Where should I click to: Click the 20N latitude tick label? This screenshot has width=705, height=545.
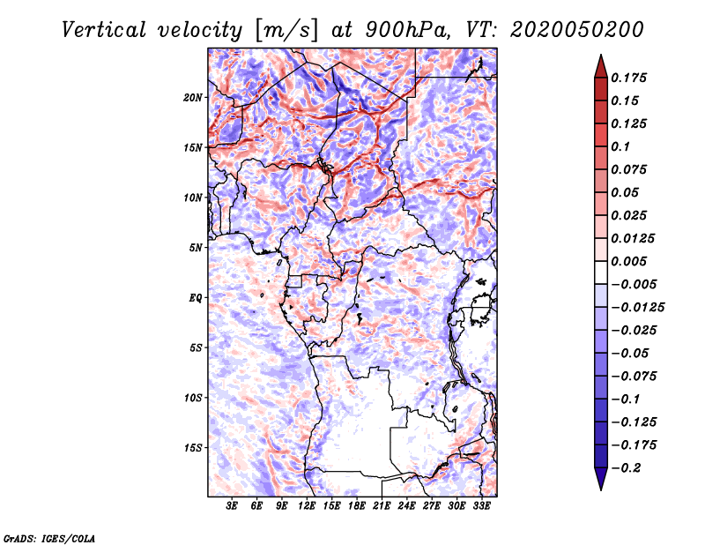[x=193, y=97]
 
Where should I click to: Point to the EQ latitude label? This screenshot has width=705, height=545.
[x=196, y=297]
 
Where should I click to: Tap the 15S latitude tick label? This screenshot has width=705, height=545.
[x=193, y=447]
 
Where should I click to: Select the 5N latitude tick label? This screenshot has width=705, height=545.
[x=196, y=247]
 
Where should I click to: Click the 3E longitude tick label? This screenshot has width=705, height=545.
[x=233, y=506]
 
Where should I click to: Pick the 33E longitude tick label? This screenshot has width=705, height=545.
[x=481, y=506]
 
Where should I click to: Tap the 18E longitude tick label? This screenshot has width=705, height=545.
[x=357, y=506]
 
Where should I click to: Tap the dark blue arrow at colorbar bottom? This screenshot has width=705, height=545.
[x=600, y=481]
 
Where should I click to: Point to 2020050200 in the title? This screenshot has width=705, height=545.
[x=570, y=29]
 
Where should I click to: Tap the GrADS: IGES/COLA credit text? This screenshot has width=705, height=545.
[x=49, y=537]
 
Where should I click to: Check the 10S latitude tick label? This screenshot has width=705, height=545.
[x=193, y=397]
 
